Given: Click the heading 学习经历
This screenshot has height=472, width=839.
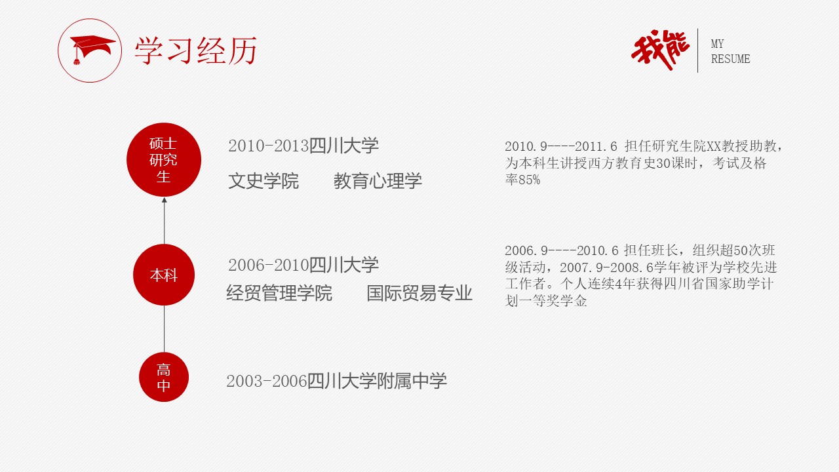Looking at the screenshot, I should click(195, 50).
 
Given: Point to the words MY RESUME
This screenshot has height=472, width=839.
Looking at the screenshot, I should click(730, 52).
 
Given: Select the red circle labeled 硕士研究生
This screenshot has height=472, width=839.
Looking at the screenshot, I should click(164, 160).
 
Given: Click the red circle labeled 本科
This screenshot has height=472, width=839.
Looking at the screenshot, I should click(164, 275).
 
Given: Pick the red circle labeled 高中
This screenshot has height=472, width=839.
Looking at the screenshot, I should click(164, 378).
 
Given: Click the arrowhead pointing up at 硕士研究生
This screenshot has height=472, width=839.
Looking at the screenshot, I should click(165, 201).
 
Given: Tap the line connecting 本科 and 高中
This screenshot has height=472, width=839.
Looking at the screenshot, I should click(164, 328).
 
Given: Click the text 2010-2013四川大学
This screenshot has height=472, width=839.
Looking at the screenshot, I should click(303, 146).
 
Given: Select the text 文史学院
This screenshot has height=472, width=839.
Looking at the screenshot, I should click(263, 181).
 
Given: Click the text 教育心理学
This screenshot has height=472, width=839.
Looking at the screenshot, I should click(378, 181).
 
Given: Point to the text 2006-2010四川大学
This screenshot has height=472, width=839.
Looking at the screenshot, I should click(303, 265).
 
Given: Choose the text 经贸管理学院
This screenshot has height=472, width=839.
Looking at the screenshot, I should click(279, 293).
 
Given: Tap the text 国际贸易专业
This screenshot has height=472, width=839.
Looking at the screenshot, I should click(419, 293).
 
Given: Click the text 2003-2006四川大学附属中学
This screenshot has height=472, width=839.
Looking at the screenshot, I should click(336, 381).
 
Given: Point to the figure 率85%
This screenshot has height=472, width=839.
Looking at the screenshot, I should click(522, 180).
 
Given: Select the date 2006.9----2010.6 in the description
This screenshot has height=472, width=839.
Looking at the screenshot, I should click(561, 250).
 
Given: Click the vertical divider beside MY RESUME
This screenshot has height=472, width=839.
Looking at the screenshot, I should click(697, 50).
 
